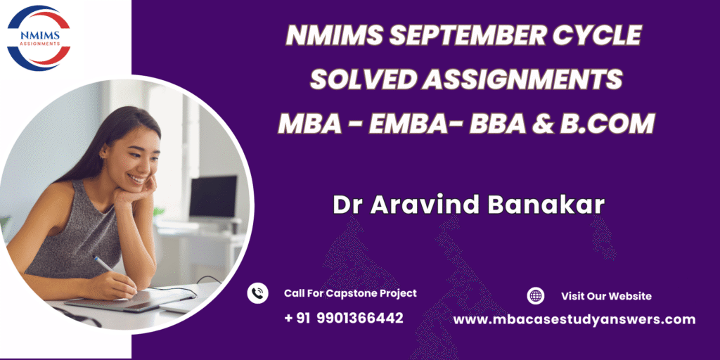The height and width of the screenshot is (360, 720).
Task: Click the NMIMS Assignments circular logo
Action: tap(39, 38)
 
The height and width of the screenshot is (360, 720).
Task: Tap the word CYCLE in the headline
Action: tap(589, 35)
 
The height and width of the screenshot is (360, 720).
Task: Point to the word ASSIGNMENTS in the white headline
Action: tap(522, 79)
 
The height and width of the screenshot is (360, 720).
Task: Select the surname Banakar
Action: tap(546, 205)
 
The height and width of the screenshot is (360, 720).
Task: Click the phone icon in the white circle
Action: tap(257, 293)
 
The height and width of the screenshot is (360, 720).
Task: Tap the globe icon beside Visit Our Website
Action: tap(535, 296)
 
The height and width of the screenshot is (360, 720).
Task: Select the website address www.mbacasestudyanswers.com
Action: tap(574, 320)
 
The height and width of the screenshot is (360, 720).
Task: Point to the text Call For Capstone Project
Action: tap(350, 293)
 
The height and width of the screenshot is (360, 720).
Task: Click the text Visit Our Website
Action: tap(606, 296)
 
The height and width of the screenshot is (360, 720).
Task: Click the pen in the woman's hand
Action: tap(104, 264)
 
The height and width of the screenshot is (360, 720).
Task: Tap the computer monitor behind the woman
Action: tap(213, 198)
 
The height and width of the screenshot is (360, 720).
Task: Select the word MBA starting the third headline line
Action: tap(310, 124)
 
